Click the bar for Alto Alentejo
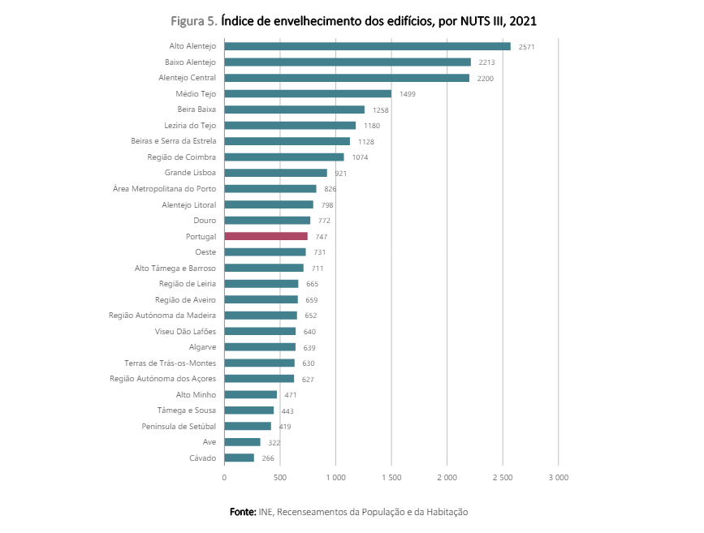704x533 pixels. [x=367, y=46]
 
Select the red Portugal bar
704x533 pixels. [x=266, y=236]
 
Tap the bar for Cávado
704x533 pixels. [x=239, y=458]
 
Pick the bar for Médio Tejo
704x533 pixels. [x=308, y=94]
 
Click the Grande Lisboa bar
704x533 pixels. [x=275, y=173]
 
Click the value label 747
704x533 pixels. [x=322, y=237]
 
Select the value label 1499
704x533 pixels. [x=408, y=94]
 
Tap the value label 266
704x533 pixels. [x=268, y=458]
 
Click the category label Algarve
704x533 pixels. [x=202, y=346]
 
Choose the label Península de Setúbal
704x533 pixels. [x=179, y=426]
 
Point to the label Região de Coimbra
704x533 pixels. [x=182, y=157]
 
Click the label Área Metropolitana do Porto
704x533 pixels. [x=164, y=189]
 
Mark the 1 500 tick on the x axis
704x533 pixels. [x=391, y=478]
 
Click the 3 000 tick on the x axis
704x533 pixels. [x=558, y=478]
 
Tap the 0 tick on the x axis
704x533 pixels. [x=224, y=478]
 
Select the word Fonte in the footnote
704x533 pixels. [x=242, y=512]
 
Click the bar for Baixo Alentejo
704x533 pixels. [x=348, y=62]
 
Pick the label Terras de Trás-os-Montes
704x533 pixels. [x=170, y=363]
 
